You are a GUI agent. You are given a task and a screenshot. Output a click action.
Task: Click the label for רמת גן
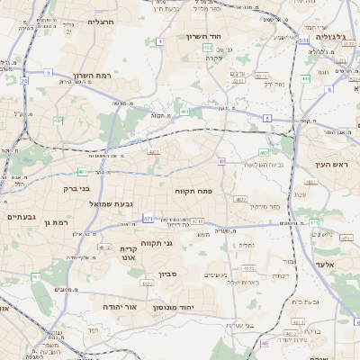point(55,222)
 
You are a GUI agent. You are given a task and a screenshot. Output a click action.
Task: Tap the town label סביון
point(169,274)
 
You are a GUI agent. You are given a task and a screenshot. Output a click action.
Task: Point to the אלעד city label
point(325,265)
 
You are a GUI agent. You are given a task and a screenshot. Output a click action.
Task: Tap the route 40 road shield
point(220,162)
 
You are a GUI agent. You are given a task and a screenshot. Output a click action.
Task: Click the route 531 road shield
point(304,40)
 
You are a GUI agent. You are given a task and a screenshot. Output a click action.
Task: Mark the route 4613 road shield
point(249,268)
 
